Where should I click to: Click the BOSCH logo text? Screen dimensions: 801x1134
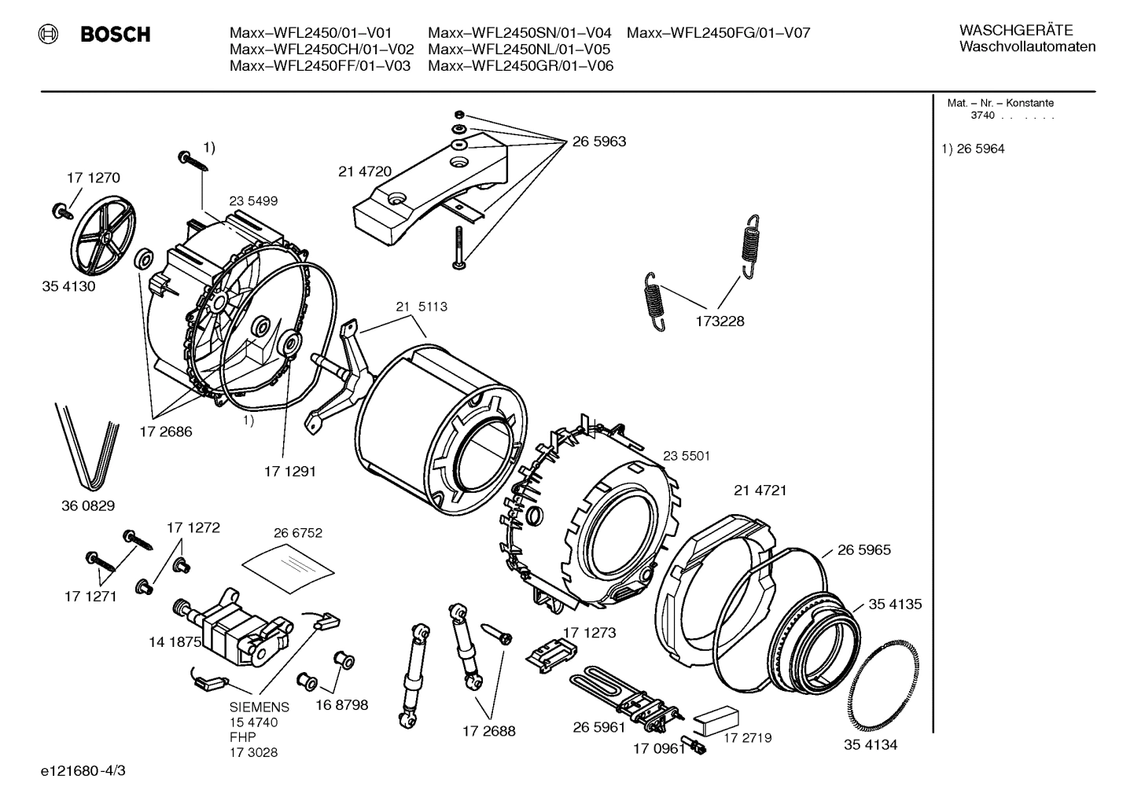pyautogui.click(x=115, y=35)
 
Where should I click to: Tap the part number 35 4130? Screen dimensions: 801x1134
pyautogui.click(x=68, y=286)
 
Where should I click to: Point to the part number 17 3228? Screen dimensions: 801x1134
pyautogui.click(x=719, y=322)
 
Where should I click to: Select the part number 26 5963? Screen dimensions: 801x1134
pyautogui.click(x=598, y=141)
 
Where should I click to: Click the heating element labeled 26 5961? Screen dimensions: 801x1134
pyautogui.click(x=621, y=693)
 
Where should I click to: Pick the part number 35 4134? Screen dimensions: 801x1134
pyautogui.click(x=871, y=745)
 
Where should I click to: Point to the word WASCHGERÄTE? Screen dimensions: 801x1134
pyautogui.click(x=1015, y=31)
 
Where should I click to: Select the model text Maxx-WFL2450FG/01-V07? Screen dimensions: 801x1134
pyautogui.click(x=718, y=33)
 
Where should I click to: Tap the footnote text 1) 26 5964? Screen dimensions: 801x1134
pyautogui.click(x=973, y=149)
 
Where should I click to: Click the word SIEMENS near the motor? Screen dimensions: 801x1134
pyautogui.click(x=260, y=707)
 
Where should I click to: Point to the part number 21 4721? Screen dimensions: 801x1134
pyautogui.click(x=760, y=491)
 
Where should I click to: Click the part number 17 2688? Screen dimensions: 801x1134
pyautogui.click(x=488, y=731)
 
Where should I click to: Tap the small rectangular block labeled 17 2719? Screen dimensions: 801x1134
pyautogui.click(x=718, y=717)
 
